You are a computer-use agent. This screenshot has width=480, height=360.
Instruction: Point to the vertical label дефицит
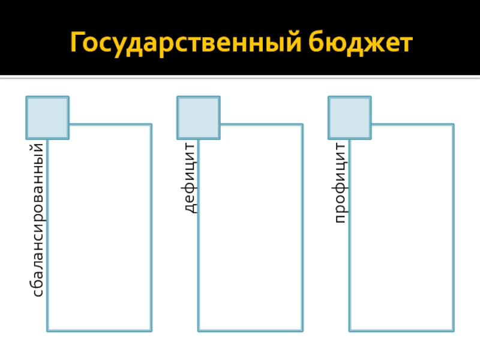tap(190, 178)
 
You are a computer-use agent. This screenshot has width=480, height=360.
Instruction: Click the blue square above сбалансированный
tap(47, 117)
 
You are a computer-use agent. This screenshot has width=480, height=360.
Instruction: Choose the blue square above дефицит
tap(199, 117)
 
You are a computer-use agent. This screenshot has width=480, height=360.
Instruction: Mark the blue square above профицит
tap(350, 117)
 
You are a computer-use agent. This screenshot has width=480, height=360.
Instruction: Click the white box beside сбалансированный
tap(100, 228)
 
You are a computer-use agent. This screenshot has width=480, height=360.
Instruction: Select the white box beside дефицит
tap(251, 228)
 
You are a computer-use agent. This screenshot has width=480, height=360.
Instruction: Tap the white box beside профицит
tap(402, 228)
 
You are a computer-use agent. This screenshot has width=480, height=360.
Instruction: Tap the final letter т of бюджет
tap(406, 43)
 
